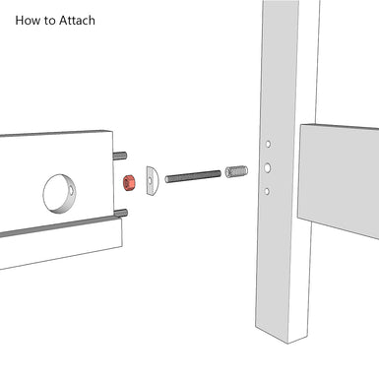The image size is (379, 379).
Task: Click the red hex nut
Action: click(x=129, y=183)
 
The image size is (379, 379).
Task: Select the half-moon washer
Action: click(x=152, y=180)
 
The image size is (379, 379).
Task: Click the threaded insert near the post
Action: click(x=236, y=171)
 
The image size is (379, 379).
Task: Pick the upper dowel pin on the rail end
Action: click(x=120, y=156)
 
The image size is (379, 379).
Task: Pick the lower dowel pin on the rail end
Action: click(x=121, y=213)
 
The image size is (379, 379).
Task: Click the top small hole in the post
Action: click(x=268, y=144)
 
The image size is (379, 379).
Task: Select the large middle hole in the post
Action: click(x=268, y=168)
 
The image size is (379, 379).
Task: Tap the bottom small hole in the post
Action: click(x=267, y=191)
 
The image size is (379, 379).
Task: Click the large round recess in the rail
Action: click(x=60, y=193)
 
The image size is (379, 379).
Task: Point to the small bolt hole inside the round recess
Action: click(x=72, y=189)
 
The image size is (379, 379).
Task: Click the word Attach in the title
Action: click(x=77, y=21)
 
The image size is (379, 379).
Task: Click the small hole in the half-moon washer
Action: click(x=151, y=180)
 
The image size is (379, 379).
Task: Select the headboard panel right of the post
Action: click(x=339, y=180)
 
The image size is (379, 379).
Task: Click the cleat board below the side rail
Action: click(x=62, y=244)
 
